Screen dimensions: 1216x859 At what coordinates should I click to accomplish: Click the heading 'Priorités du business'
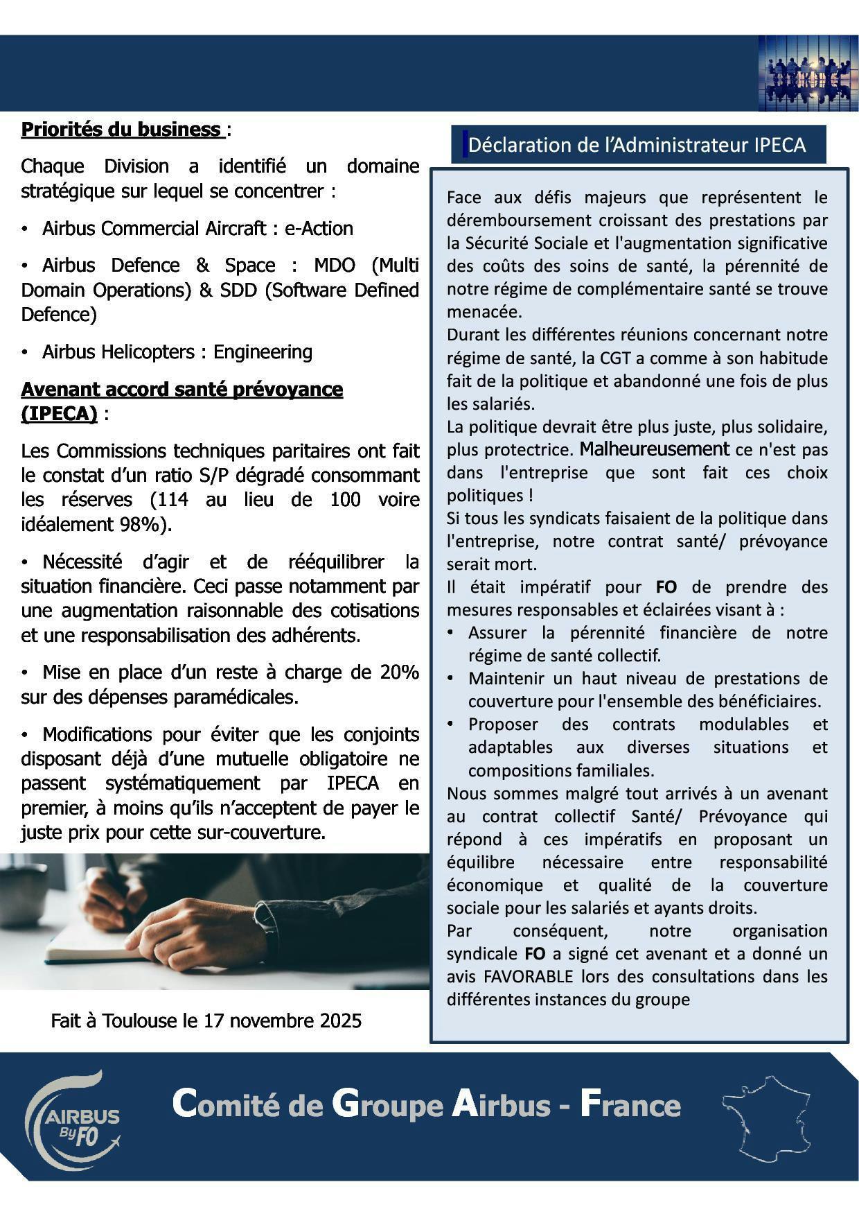121,130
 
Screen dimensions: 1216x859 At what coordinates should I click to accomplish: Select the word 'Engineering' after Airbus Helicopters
263,352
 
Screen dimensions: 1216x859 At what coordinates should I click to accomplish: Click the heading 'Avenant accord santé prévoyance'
181,390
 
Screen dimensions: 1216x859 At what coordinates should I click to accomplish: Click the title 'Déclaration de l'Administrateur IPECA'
637,145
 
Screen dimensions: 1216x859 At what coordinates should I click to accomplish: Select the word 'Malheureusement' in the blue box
654,449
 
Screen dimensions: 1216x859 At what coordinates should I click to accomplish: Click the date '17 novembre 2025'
282,1021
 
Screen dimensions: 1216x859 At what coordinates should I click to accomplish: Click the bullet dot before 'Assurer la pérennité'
451,632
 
